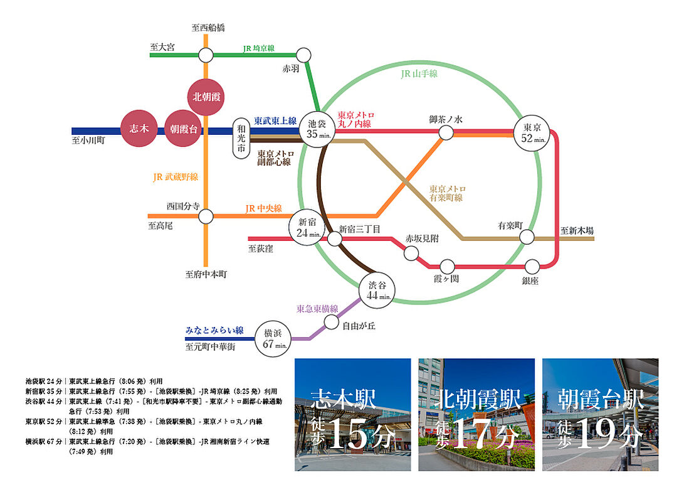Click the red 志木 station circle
139,129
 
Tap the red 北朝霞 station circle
206,97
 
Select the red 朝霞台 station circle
184,129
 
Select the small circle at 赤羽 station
303,55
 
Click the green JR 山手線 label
419,74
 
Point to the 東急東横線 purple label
317,309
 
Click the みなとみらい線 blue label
214,330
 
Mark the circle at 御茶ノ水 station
446,132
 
